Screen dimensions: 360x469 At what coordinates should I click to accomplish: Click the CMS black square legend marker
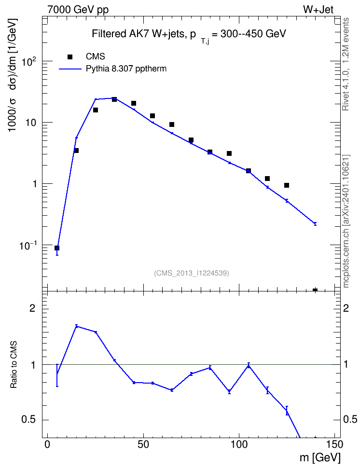pos(70,57)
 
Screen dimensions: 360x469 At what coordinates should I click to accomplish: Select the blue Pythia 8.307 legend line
pos(70,69)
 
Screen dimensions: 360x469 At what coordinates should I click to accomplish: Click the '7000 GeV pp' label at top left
pos(78,10)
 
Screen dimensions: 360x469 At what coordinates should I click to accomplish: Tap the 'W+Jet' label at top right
pos(318,10)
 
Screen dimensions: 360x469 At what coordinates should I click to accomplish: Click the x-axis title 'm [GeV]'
pos(320,457)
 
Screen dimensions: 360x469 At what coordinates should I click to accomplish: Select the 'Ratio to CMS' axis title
pos(14,364)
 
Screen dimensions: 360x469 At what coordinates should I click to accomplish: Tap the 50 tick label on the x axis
pos(143,444)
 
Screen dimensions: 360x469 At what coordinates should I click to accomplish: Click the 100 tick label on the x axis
pos(239,444)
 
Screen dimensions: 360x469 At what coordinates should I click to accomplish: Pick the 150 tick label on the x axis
pos(334,444)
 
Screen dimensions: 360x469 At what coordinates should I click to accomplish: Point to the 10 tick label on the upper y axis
pos(31,123)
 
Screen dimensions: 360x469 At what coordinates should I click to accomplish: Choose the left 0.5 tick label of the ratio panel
pos(29,420)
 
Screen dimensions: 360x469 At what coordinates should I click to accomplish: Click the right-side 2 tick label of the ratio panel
pos(346,308)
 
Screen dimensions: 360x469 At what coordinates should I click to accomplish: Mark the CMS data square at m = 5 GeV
pos(57,248)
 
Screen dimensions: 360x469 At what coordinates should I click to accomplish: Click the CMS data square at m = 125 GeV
pos(287,185)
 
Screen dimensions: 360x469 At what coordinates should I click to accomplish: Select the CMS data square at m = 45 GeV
pos(134,103)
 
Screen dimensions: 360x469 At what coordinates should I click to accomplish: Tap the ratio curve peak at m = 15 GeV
pos(76,326)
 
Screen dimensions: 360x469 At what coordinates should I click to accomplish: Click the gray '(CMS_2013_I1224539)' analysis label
pos(192,273)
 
